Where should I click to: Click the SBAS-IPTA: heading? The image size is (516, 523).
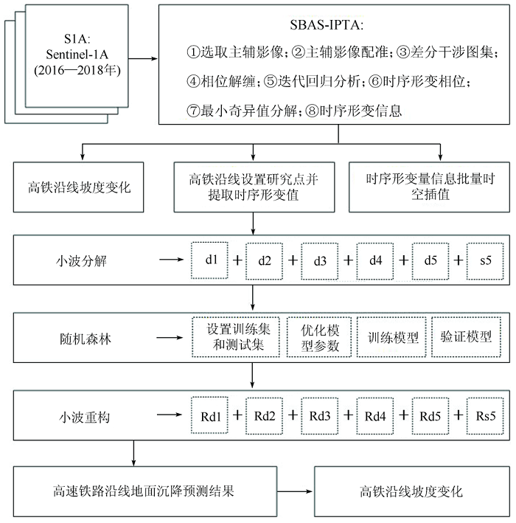click(x=327, y=25)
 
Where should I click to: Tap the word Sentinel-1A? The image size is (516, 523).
click(x=77, y=55)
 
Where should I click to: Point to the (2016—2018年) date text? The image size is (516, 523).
click(x=77, y=70)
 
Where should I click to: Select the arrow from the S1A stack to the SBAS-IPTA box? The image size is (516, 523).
click(x=143, y=59)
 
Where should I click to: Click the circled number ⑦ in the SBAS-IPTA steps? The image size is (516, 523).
click(x=193, y=111)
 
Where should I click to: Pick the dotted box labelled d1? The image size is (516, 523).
click(x=209, y=260)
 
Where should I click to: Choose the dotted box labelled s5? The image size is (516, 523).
click(x=485, y=261)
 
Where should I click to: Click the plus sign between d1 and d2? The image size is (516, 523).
click(x=237, y=260)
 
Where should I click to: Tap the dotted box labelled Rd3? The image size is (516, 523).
click(x=320, y=416)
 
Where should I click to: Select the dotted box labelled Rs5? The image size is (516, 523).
click(x=485, y=416)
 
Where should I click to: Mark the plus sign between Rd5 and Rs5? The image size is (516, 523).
click(x=458, y=415)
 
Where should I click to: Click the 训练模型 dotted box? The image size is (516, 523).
click(x=391, y=337)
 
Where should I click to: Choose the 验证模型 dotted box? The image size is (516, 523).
click(x=467, y=337)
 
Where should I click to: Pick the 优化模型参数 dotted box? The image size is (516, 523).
click(x=319, y=337)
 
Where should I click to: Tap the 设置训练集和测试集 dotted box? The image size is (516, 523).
click(x=236, y=337)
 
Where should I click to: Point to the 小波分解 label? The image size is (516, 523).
click(x=81, y=261)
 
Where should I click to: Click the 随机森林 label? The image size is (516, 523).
click(x=85, y=339)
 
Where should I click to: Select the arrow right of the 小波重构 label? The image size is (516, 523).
click(x=170, y=415)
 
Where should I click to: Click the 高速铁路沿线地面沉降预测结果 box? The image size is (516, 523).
click(x=145, y=491)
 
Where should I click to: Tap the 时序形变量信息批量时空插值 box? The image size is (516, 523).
click(x=429, y=187)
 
